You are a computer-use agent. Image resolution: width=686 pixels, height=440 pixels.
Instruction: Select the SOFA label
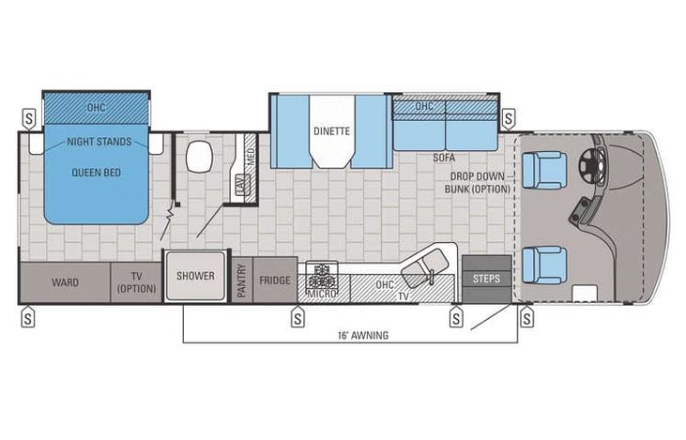click(444, 159)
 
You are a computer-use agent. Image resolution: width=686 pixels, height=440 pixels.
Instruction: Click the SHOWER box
click(195, 277)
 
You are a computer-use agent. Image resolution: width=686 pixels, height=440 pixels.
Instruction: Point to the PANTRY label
click(241, 280)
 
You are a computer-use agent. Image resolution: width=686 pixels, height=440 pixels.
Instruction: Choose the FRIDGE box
click(275, 279)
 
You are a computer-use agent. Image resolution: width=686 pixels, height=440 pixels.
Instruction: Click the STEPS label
click(487, 279)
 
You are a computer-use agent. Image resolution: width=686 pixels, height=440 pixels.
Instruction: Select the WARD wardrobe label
click(65, 281)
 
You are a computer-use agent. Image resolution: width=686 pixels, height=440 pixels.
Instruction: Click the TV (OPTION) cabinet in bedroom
click(135, 281)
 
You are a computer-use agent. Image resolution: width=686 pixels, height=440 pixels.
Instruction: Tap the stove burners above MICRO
click(322, 275)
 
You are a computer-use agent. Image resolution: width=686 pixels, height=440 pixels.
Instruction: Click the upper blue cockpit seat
click(543, 170)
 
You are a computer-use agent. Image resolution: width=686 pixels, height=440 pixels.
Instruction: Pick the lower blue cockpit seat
click(543, 264)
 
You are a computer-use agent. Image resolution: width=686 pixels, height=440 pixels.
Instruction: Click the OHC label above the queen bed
click(97, 106)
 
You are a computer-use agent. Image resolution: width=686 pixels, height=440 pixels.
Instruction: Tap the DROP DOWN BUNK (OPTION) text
click(479, 183)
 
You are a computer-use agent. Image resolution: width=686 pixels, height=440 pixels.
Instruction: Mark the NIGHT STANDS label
click(99, 144)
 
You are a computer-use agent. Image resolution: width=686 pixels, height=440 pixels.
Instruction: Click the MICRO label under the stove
click(321, 295)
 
